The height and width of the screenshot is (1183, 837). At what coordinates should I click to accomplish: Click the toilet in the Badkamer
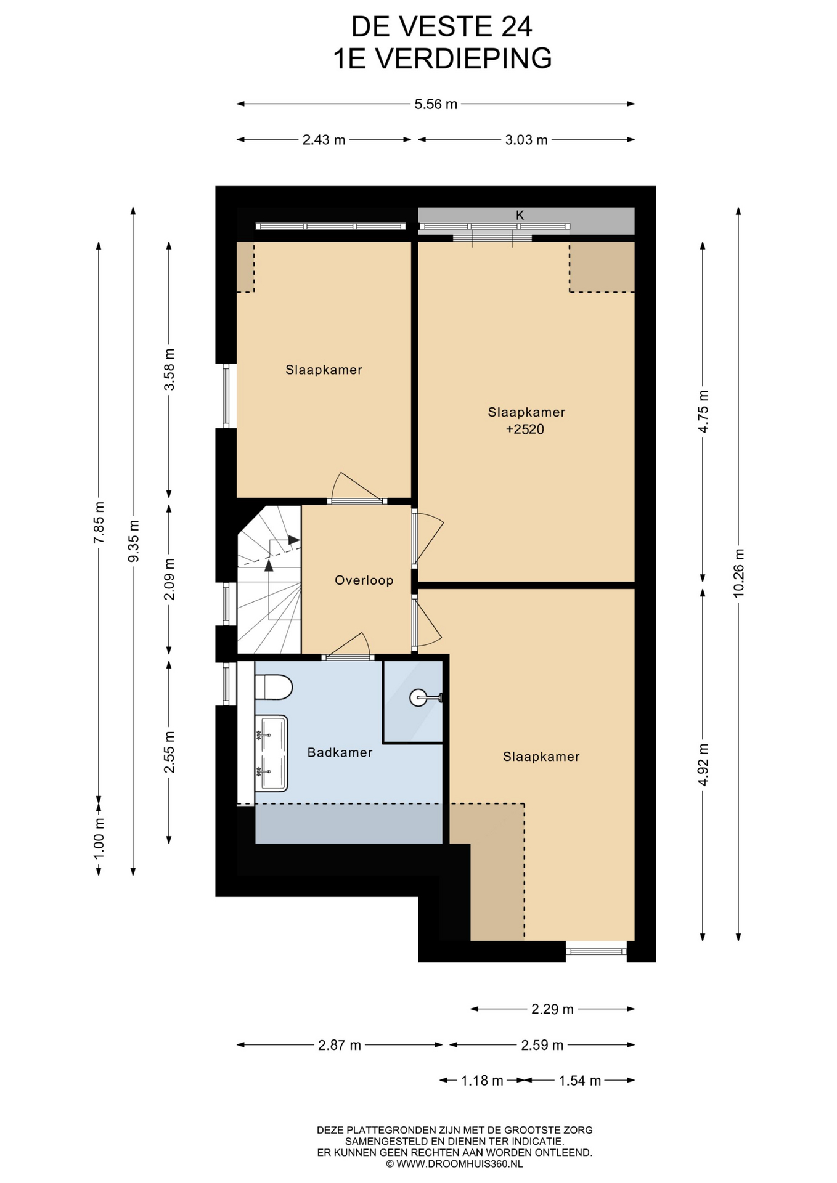pyautogui.click(x=273, y=687)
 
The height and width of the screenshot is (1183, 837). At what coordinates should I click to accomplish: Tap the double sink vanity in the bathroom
pyautogui.click(x=271, y=754)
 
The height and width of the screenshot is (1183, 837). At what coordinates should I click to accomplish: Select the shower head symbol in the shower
pyautogui.click(x=425, y=697)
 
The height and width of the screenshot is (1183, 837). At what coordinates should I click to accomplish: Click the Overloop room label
pyautogui.click(x=364, y=580)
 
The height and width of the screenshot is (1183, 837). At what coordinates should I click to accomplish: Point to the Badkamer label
pyautogui.click(x=340, y=752)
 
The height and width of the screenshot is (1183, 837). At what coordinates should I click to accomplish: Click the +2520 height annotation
pyautogui.click(x=525, y=429)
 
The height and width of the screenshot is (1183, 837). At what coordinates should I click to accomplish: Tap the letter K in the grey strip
pyautogui.click(x=520, y=215)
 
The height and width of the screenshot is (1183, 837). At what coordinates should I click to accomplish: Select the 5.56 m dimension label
pyautogui.click(x=436, y=104)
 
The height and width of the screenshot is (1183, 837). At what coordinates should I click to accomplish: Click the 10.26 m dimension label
pyautogui.click(x=738, y=572)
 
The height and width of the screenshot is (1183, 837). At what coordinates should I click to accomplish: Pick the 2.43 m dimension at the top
pyautogui.click(x=324, y=140)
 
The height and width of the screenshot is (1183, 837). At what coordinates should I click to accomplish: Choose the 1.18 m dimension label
pyautogui.click(x=482, y=1080)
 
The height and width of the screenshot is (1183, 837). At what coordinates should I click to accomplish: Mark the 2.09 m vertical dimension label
pyautogui.click(x=169, y=579)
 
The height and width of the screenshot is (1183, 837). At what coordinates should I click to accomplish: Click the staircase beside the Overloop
pyautogui.click(x=269, y=580)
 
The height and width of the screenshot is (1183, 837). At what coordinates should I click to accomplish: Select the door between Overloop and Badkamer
pyautogui.click(x=348, y=647)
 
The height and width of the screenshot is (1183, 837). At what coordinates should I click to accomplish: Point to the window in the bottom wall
pyautogui.click(x=596, y=951)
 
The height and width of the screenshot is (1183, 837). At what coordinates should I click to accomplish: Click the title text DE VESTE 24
pyautogui.click(x=441, y=26)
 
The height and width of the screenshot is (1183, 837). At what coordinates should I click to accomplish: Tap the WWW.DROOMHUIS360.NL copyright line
pyautogui.click(x=454, y=1164)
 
